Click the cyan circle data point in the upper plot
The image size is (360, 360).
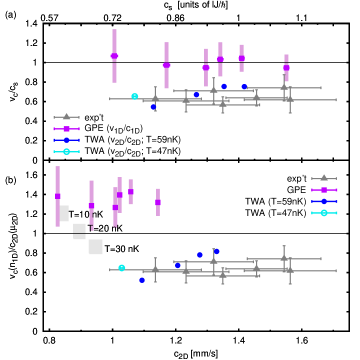(x=134, y=96)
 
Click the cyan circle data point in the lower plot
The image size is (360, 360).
(x=122, y=268)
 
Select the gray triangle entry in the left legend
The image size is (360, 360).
(x=66, y=117)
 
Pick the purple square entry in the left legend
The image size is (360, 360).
(x=66, y=129)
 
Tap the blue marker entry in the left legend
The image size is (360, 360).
(x=66, y=140)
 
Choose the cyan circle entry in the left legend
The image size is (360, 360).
(x=66, y=151)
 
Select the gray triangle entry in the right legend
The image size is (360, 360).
(x=324, y=178)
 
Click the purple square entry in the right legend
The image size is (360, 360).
(x=324, y=190)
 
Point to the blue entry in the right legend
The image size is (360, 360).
(x=324, y=201)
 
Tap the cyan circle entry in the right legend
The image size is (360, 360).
(x=324, y=213)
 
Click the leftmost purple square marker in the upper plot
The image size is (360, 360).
(x=114, y=56)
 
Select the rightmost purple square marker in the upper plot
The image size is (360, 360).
(x=286, y=68)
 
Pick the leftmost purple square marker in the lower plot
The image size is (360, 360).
(x=57, y=196)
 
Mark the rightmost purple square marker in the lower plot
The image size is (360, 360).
(x=158, y=202)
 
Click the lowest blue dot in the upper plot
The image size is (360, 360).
(x=154, y=107)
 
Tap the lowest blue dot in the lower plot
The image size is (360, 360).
(x=142, y=280)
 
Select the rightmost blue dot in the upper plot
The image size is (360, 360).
(x=244, y=87)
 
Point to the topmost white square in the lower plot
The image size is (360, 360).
(x=63, y=213)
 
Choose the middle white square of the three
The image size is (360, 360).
(x=79, y=230)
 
